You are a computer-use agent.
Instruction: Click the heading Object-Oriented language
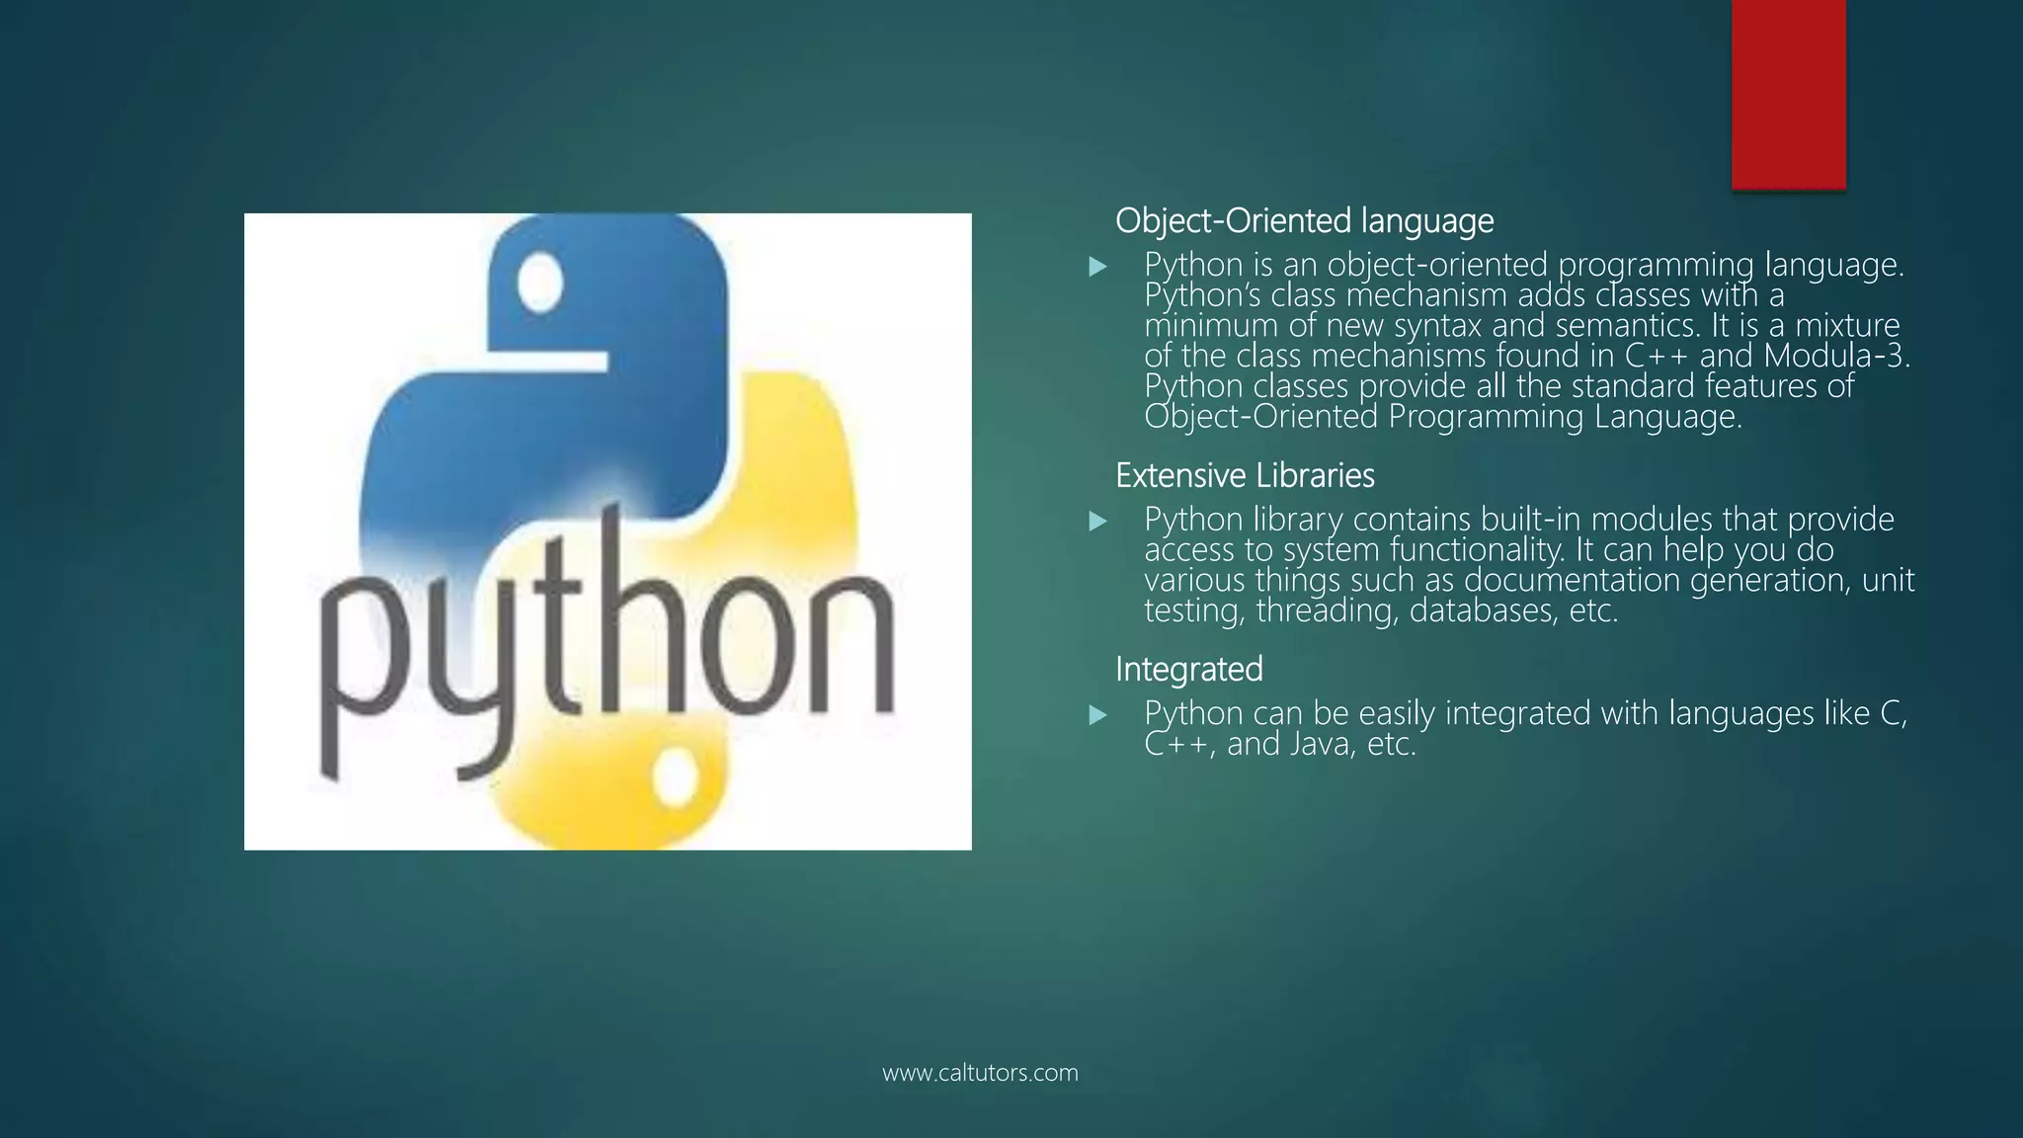(1304, 221)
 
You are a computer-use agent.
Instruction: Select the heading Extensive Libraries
(1245, 476)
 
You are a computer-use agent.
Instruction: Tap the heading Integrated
(1188, 670)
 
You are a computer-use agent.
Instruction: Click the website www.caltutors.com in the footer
(980, 1073)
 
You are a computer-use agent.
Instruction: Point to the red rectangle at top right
(1788, 94)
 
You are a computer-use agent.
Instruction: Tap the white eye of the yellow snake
(677, 776)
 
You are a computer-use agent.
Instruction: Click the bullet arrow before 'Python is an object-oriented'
(1097, 267)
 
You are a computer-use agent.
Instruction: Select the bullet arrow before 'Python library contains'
(1097, 522)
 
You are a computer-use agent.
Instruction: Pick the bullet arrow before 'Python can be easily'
(1097, 715)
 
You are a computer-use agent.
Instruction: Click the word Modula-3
(1836, 356)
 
